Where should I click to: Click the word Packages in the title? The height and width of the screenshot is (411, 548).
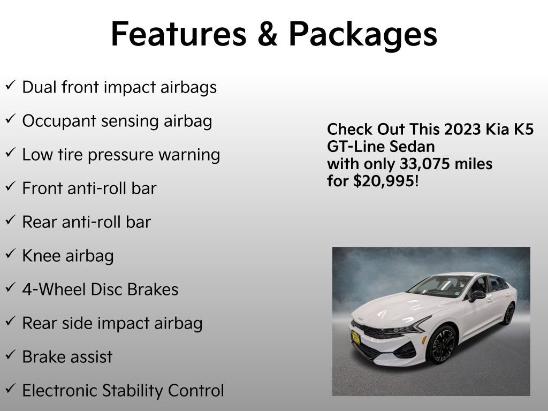click(362, 34)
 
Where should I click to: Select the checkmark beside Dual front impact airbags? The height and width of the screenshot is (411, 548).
click(10, 86)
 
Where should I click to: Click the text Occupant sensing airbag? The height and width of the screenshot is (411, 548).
click(117, 121)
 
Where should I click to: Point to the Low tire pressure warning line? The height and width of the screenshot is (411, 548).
click(121, 155)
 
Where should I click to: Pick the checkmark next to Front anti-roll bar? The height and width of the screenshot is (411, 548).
click(10, 187)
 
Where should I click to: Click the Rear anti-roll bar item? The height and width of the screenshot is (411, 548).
click(86, 222)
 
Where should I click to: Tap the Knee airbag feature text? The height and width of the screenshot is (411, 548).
click(68, 256)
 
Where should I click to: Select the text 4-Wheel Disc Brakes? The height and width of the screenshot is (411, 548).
click(100, 290)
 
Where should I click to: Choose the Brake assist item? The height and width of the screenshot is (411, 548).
click(67, 357)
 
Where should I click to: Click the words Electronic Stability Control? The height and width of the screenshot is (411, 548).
click(123, 391)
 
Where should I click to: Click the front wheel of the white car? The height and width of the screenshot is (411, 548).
click(442, 344)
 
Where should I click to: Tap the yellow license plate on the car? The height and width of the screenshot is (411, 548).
click(355, 337)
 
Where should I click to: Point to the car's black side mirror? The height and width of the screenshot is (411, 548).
click(477, 295)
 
